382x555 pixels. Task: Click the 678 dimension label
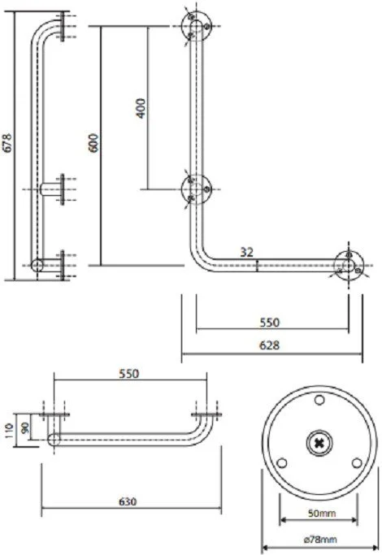[7, 143]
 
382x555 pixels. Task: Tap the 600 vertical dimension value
[93, 143]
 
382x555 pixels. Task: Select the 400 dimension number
[141, 108]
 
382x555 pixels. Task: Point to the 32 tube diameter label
[247, 252]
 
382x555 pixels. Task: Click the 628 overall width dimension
[269, 345]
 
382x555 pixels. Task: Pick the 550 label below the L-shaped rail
[269, 323]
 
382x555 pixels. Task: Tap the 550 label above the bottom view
[129, 374]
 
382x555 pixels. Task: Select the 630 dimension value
[128, 501]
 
